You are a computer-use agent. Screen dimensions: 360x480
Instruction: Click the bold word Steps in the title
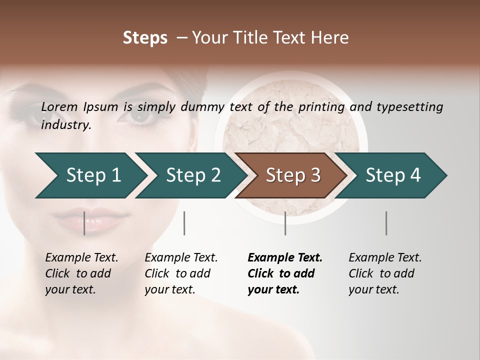point(145,38)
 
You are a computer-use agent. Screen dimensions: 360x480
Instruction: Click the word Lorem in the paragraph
point(59,106)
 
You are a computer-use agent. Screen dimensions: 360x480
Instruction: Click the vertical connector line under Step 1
point(84,223)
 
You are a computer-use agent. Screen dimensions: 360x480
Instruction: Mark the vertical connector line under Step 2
point(184,223)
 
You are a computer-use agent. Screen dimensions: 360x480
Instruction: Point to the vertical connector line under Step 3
point(285,223)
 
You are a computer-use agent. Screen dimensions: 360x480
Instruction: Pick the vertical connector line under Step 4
point(386,223)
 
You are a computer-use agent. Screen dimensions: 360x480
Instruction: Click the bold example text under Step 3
point(284,273)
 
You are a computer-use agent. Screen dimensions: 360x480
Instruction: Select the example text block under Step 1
point(81,273)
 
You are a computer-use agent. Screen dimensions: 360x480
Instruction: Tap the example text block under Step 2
point(180,273)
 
